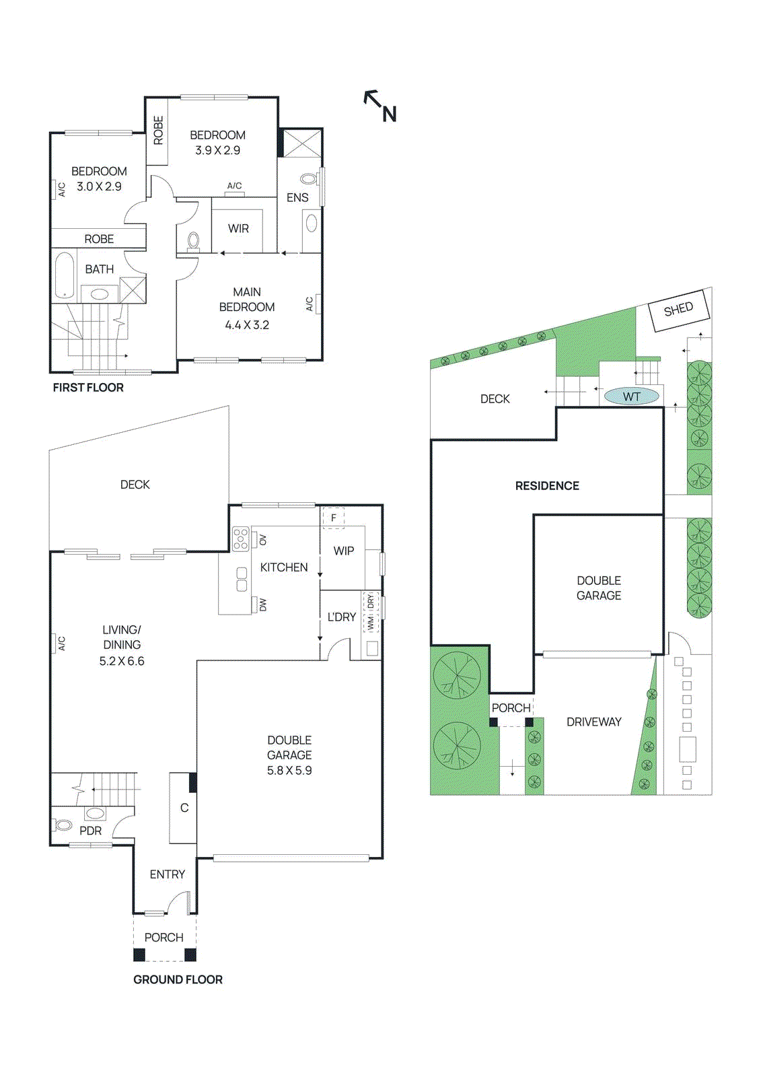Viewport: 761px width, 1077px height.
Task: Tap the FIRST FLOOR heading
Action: (88, 388)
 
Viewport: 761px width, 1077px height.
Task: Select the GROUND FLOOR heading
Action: (178, 979)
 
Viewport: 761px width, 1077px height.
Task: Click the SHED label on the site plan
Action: (678, 309)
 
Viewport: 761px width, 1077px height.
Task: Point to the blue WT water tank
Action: (631, 396)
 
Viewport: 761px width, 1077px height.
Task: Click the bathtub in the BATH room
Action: (65, 275)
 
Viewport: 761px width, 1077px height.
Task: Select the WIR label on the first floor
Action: (238, 229)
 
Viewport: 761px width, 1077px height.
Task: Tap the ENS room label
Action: (297, 197)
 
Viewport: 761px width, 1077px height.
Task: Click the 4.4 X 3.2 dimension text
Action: (247, 325)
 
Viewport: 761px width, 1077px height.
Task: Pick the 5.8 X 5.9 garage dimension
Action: (289, 771)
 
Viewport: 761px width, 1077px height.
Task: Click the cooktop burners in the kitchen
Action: (241, 539)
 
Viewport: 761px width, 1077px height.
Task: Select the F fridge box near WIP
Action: (333, 518)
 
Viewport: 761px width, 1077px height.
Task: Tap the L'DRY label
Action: (342, 617)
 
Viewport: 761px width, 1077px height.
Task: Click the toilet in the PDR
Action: (63, 825)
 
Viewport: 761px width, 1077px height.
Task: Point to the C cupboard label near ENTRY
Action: (184, 808)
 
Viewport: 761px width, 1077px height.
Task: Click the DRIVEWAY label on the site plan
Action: (593, 722)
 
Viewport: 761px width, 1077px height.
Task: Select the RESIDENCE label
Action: (547, 486)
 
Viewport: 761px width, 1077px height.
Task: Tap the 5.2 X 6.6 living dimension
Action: (122, 662)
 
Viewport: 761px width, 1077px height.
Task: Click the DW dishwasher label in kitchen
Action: (263, 605)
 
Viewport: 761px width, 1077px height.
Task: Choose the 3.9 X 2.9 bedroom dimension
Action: (217, 151)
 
